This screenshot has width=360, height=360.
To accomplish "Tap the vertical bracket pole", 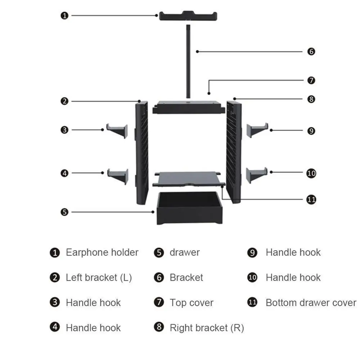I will pyautogui.click(x=188, y=61).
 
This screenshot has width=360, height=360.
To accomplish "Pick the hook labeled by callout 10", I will pyautogui.click(x=256, y=175).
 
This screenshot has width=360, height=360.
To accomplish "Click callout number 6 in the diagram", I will pyautogui.click(x=311, y=51).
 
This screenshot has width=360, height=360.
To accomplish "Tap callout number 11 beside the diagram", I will pyautogui.click(x=311, y=199).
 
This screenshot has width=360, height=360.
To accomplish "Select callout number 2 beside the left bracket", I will pyautogui.click(x=64, y=101).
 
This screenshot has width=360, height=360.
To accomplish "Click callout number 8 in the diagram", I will pyautogui.click(x=311, y=99).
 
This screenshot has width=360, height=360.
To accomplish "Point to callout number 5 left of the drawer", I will pyautogui.click(x=64, y=212).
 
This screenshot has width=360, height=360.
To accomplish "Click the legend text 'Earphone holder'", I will pyautogui.click(x=102, y=252).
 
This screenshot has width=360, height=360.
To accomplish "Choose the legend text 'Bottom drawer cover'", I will pyautogui.click(x=311, y=303).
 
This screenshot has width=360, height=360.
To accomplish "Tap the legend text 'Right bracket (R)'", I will pyautogui.click(x=207, y=328).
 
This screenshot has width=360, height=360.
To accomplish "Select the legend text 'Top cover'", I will pyautogui.click(x=192, y=303).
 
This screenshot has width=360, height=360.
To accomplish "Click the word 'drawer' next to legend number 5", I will pyautogui.click(x=184, y=252).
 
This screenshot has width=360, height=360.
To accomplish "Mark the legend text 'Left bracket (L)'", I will pyautogui.click(x=99, y=278).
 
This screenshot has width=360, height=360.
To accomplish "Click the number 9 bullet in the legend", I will pyautogui.click(x=252, y=253).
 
